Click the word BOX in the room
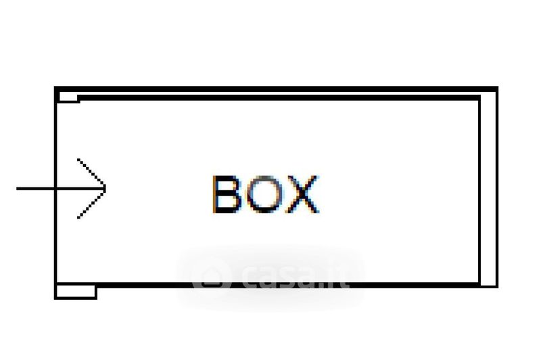[265, 194]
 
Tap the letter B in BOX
[227, 194]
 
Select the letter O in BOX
[264, 194]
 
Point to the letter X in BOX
[302, 194]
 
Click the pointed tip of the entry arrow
[106, 187]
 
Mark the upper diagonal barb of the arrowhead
[92, 173]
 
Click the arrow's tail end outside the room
[19, 187]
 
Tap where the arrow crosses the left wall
[55, 187]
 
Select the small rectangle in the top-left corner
[68, 97]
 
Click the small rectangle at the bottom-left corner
[75, 292]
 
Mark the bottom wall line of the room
[284, 286]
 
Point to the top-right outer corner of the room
[496, 89]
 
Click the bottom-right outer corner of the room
[496, 286]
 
